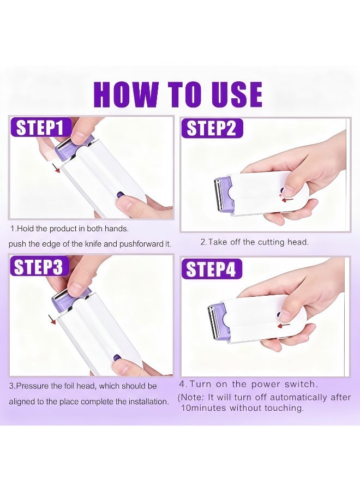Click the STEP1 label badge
pyautogui.click(x=41, y=128)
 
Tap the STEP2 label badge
pyautogui.click(x=212, y=128)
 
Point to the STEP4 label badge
pyautogui.click(x=212, y=269)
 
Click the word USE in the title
pyautogui.click(x=235, y=95)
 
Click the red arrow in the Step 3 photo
pyautogui.click(x=51, y=318)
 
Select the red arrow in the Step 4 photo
pyautogui.click(x=283, y=325)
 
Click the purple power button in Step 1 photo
pyautogui.click(x=120, y=194)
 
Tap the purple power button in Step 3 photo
pyautogui.click(x=117, y=358)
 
